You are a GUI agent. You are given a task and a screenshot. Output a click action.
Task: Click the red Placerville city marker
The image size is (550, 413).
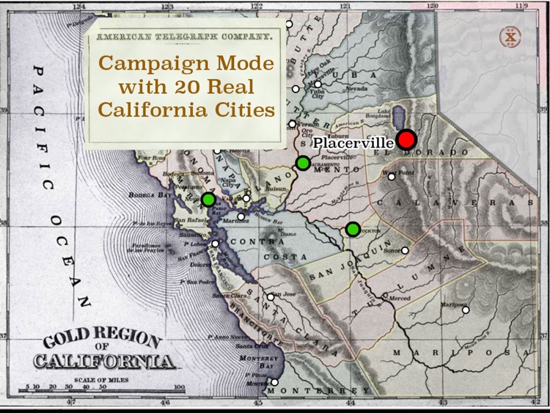407,140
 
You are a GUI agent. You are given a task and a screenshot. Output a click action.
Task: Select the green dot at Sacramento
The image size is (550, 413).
303,164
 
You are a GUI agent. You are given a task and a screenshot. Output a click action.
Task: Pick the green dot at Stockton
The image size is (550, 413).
353,229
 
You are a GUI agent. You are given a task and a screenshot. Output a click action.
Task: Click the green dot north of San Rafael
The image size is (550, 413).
208,199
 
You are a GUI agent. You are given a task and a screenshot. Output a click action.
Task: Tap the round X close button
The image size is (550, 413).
510,37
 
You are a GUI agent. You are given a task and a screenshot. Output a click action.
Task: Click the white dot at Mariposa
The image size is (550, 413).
466,310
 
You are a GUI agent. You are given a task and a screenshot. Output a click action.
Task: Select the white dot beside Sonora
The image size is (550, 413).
405,250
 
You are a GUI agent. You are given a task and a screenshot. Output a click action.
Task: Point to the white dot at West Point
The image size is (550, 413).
392,176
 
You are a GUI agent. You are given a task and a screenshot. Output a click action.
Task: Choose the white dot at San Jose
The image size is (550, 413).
271,297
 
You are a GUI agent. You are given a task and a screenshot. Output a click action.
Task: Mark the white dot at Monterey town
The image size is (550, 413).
274,382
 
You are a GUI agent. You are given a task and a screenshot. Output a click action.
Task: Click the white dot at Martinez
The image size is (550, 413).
241,216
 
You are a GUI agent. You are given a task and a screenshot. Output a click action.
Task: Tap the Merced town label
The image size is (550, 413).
400,299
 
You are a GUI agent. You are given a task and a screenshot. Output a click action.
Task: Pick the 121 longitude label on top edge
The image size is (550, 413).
345,6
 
